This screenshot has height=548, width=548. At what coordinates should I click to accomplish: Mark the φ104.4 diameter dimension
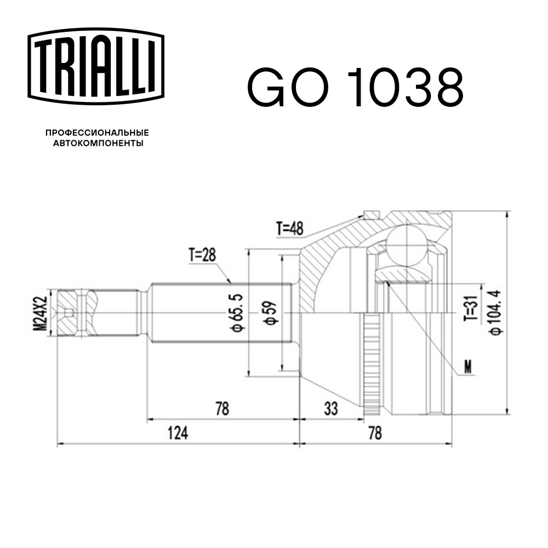pos(496,312)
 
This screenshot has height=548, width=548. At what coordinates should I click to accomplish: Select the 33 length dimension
pos(331,408)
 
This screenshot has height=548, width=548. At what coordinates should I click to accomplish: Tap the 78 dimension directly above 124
pos(222,408)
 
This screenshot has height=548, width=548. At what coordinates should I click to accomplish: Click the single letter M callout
pos(467,367)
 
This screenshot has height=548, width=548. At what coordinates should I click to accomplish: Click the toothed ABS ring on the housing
pos(371,362)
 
